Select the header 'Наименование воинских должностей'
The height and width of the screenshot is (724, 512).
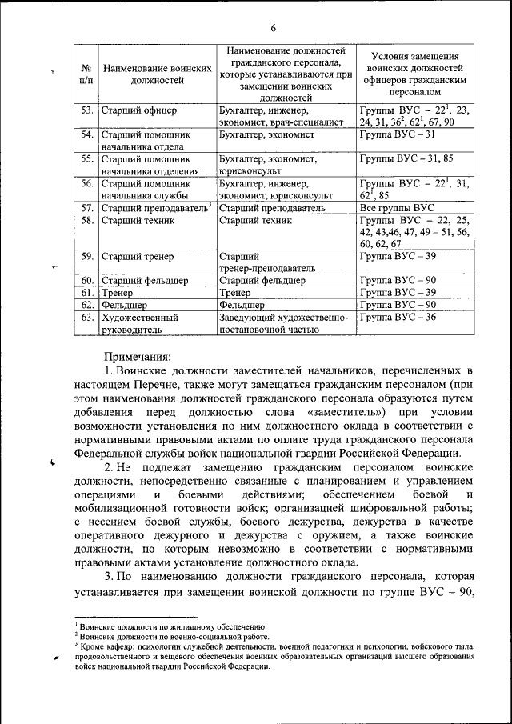pos(158,75)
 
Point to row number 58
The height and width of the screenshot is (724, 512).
pos(87,220)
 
